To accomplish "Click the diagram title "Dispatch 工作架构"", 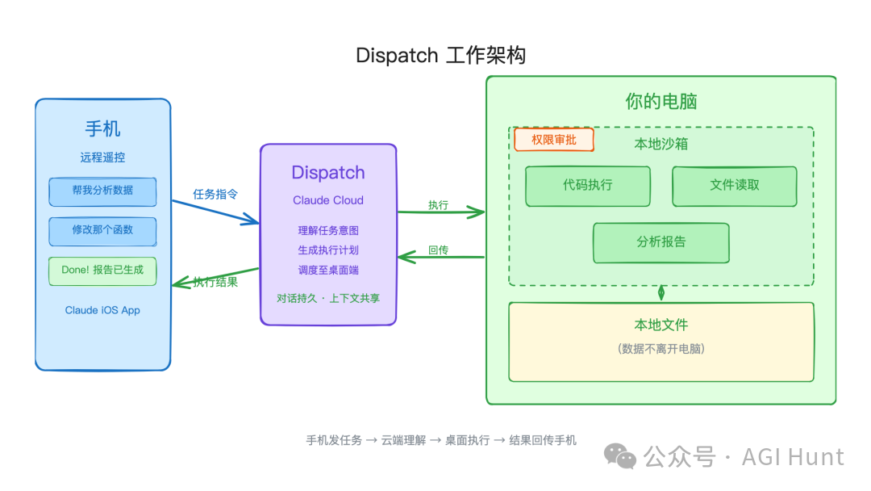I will tap(440, 56).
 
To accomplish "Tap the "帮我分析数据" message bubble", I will tap(102, 191).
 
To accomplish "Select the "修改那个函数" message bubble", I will tap(102, 230).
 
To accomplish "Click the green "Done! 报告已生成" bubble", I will tap(102, 271).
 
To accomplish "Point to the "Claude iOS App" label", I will tap(102, 310).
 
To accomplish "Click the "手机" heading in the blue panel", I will tap(102, 128).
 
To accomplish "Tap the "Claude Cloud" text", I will tap(328, 200).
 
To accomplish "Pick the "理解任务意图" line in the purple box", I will tap(328, 230).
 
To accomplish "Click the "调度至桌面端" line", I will tap(328, 270).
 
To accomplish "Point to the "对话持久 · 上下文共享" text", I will tap(328, 298).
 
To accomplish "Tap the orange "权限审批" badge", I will tap(554, 140).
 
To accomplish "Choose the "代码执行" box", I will tap(588, 186).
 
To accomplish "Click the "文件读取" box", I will tap(735, 186).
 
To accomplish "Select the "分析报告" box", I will tap(661, 242).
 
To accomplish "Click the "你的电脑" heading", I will tap(661, 102).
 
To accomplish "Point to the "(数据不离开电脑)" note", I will tap(661, 349).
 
